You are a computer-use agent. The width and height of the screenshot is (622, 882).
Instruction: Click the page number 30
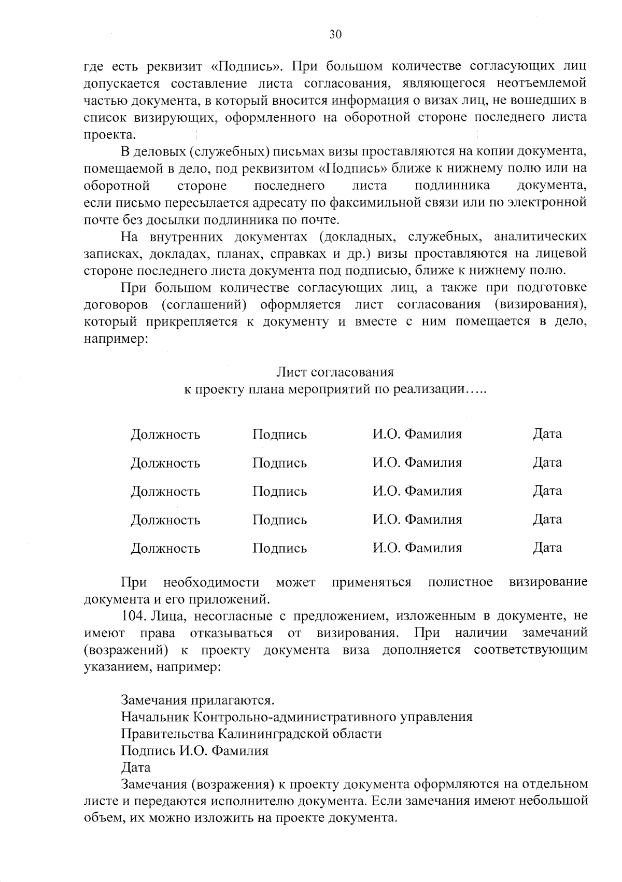click(x=335, y=35)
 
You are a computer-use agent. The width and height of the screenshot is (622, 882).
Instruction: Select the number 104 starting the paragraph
click(x=132, y=615)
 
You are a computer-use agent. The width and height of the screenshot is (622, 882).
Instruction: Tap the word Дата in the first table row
click(x=547, y=433)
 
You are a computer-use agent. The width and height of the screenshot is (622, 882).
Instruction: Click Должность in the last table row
click(x=165, y=548)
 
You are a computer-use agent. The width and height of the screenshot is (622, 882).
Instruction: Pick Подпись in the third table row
click(x=279, y=491)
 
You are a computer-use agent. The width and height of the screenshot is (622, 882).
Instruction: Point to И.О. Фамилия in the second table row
click(x=417, y=463)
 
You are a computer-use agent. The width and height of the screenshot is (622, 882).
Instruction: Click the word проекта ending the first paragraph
click(x=109, y=135)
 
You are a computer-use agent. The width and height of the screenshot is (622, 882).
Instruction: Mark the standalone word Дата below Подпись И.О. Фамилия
click(x=135, y=767)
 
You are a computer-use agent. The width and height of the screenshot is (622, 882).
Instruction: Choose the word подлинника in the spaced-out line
click(x=452, y=186)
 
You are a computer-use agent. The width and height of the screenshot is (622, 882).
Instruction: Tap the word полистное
click(x=460, y=582)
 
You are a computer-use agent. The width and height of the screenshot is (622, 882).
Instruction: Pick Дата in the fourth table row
click(x=547, y=519)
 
